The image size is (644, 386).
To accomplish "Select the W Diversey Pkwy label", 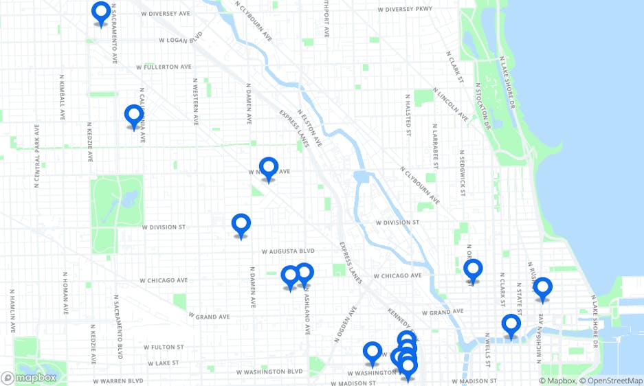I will (x=406, y=10).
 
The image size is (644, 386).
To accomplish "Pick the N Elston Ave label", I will (x=310, y=127).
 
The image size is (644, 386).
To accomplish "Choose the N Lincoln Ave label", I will (x=451, y=104).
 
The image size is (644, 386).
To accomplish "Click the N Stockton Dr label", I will (x=482, y=106).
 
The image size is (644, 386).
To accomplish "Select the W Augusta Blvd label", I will (x=287, y=251).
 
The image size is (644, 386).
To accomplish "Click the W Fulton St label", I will (x=162, y=348).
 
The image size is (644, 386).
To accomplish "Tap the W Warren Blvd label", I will (x=118, y=381).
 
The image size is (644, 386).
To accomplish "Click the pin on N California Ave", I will (x=134, y=115).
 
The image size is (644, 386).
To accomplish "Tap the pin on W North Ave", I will (x=269, y=168).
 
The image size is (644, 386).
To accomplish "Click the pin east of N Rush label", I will (x=542, y=288).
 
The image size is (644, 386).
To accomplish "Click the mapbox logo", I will (x=29, y=378).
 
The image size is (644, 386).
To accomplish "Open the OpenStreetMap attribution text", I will (x=612, y=381).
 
